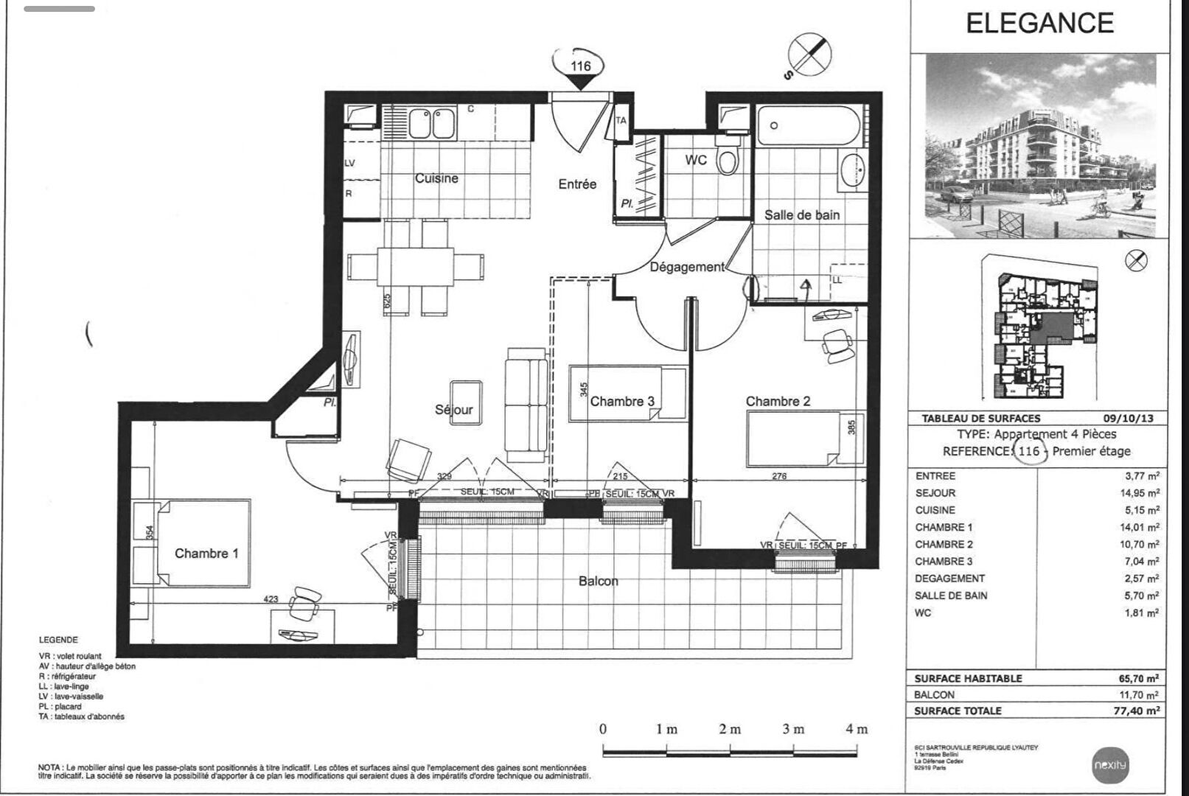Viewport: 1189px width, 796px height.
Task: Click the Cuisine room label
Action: [436, 178]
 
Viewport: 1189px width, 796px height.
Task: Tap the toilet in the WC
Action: [727, 159]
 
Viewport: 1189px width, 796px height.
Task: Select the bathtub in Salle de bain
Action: [808, 127]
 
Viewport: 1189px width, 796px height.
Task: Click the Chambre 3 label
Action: [622, 402]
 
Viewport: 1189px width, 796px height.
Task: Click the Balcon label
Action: [598, 581]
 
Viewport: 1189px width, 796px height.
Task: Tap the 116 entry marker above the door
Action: [581, 66]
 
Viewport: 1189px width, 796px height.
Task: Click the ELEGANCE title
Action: [1039, 24]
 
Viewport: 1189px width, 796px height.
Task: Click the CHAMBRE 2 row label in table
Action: [944, 544]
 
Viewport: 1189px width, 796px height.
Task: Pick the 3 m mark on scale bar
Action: [793, 729]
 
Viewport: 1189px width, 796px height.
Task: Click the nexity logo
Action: [1109, 765]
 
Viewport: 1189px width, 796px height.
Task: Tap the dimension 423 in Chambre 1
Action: [271, 598]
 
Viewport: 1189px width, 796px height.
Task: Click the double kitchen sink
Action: [432, 123]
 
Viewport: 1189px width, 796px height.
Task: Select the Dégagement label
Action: [687, 267]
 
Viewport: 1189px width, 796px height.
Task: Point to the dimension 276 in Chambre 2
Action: [779, 476]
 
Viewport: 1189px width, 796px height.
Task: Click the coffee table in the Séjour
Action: [466, 402]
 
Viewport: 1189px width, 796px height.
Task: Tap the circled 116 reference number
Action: [1029, 451]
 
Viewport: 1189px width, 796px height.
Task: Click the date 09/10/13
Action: [1129, 418]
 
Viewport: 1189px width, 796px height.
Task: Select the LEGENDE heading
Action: [58, 640]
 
